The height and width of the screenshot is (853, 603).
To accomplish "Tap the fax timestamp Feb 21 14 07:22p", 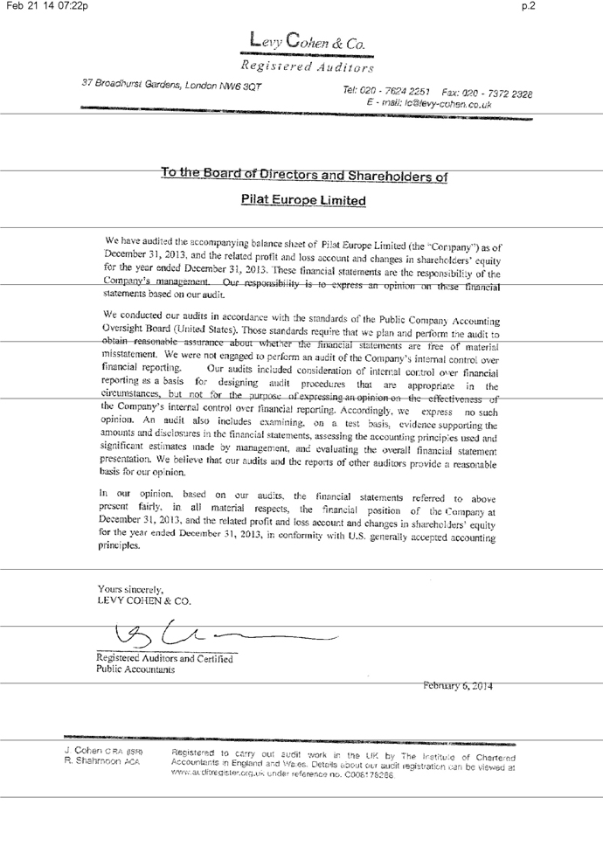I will click(x=45, y=7).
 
